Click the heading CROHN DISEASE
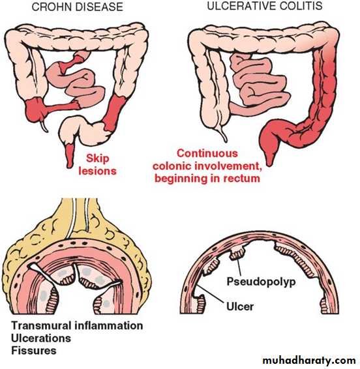(x=78, y=7)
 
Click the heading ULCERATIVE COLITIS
(x=265, y=6)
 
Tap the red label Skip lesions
(x=97, y=164)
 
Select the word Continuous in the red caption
(x=207, y=153)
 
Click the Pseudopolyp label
(x=261, y=282)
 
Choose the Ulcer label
(x=240, y=306)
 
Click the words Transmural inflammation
(x=77, y=326)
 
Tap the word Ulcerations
(x=41, y=338)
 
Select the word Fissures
(x=34, y=351)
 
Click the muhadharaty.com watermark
(x=309, y=361)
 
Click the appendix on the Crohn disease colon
(x=44, y=125)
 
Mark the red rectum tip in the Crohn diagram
(x=69, y=156)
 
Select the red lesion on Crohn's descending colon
(x=114, y=113)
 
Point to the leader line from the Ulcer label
(x=210, y=294)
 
